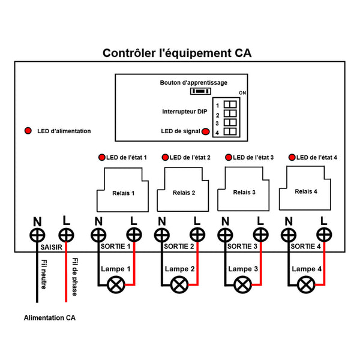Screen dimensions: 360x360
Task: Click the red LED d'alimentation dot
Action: point(28,131)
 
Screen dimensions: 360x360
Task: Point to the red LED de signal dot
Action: point(206,131)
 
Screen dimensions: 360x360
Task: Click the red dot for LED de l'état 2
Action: point(165,157)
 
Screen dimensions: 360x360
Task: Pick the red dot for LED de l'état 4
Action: point(292,157)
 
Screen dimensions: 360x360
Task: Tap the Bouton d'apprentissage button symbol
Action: point(200,92)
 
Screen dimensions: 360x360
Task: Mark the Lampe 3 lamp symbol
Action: point(242,285)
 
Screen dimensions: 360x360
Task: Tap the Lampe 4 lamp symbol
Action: point(306,285)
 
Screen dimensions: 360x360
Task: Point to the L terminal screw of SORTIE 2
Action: point(197,235)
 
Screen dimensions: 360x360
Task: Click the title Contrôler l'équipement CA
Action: point(177,53)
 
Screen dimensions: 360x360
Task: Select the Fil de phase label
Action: point(75,277)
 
